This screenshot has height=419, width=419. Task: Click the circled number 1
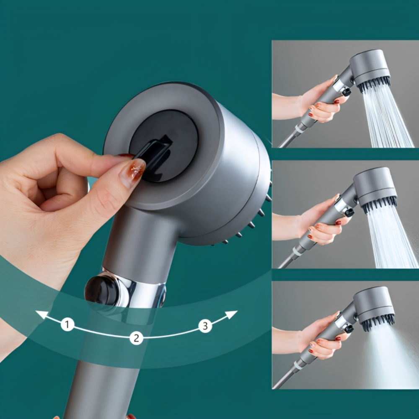pyautogui.click(x=67, y=324)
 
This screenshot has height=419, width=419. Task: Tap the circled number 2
pyautogui.click(x=136, y=338)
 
